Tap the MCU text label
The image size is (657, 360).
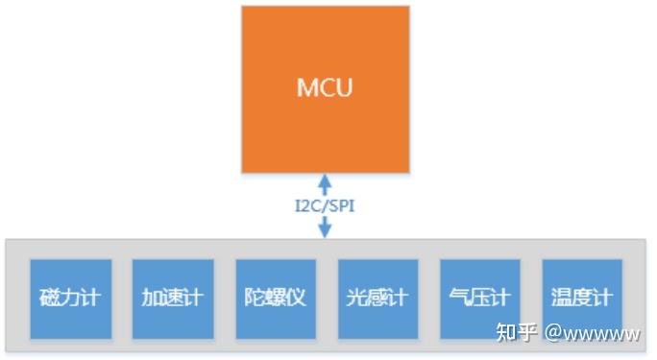pyautogui.click(x=324, y=89)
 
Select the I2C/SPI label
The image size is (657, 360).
pyautogui.click(x=325, y=204)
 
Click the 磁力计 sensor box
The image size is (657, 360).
pyautogui.click(x=70, y=299)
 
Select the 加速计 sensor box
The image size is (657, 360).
pyautogui.click(x=173, y=299)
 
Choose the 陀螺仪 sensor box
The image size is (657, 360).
pyautogui.click(x=275, y=299)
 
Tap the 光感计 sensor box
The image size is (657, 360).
pyautogui.click(x=377, y=299)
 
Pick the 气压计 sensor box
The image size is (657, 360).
pyautogui.click(x=479, y=299)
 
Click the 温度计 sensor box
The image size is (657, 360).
pyautogui.click(x=581, y=299)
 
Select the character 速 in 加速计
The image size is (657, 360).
pyautogui.click(x=173, y=299)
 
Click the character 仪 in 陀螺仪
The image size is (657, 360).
pyautogui.click(x=295, y=299)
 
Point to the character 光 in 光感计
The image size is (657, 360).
pyautogui.click(x=356, y=299)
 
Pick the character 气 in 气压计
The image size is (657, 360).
pyautogui.click(x=459, y=299)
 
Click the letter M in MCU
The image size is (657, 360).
pyautogui.click(x=306, y=89)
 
